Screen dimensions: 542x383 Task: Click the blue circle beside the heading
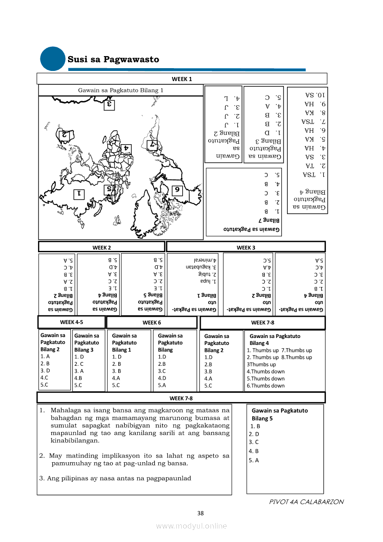click(x=53, y=59)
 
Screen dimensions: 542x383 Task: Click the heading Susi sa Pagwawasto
click(x=113, y=59)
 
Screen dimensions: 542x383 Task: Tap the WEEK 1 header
click(x=182, y=79)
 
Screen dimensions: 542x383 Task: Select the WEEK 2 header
click(x=102, y=247)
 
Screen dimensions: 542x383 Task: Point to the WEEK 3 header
click(x=246, y=247)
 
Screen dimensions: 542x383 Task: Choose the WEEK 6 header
click(x=152, y=323)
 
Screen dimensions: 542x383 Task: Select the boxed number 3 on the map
click(x=109, y=104)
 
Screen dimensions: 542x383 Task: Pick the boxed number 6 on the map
click(x=177, y=190)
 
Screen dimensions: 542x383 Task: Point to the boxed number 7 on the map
click(x=152, y=145)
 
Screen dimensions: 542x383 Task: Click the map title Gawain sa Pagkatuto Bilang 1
click(x=121, y=90)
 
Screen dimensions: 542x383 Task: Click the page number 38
click(x=200, y=513)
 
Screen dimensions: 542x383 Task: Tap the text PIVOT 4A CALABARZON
click(x=306, y=502)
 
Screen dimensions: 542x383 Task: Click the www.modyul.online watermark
click(x=191, y=526)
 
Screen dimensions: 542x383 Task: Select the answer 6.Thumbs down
click(x=266, y=386)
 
